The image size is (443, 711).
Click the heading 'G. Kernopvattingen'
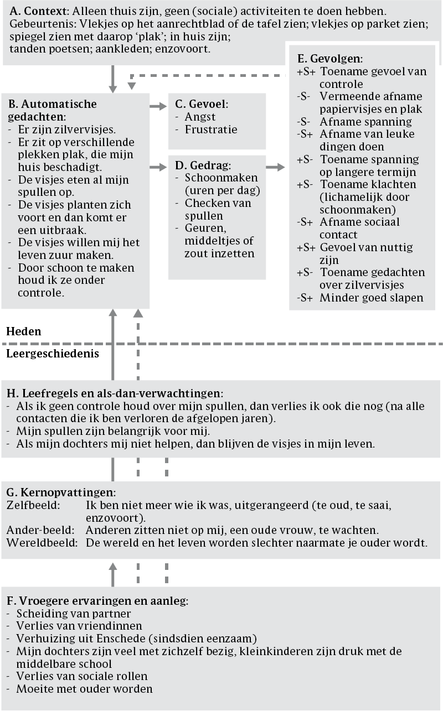click(61, 492)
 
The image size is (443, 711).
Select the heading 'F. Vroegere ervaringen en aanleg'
click(97, 600)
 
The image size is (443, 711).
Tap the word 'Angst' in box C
click(200, 117)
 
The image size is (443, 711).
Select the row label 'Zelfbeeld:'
click(32, 505)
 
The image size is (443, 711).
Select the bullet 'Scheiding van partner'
click(73, 614)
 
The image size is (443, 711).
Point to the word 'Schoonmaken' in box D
click(214, 178)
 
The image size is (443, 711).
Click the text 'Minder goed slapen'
click(370, 298)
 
